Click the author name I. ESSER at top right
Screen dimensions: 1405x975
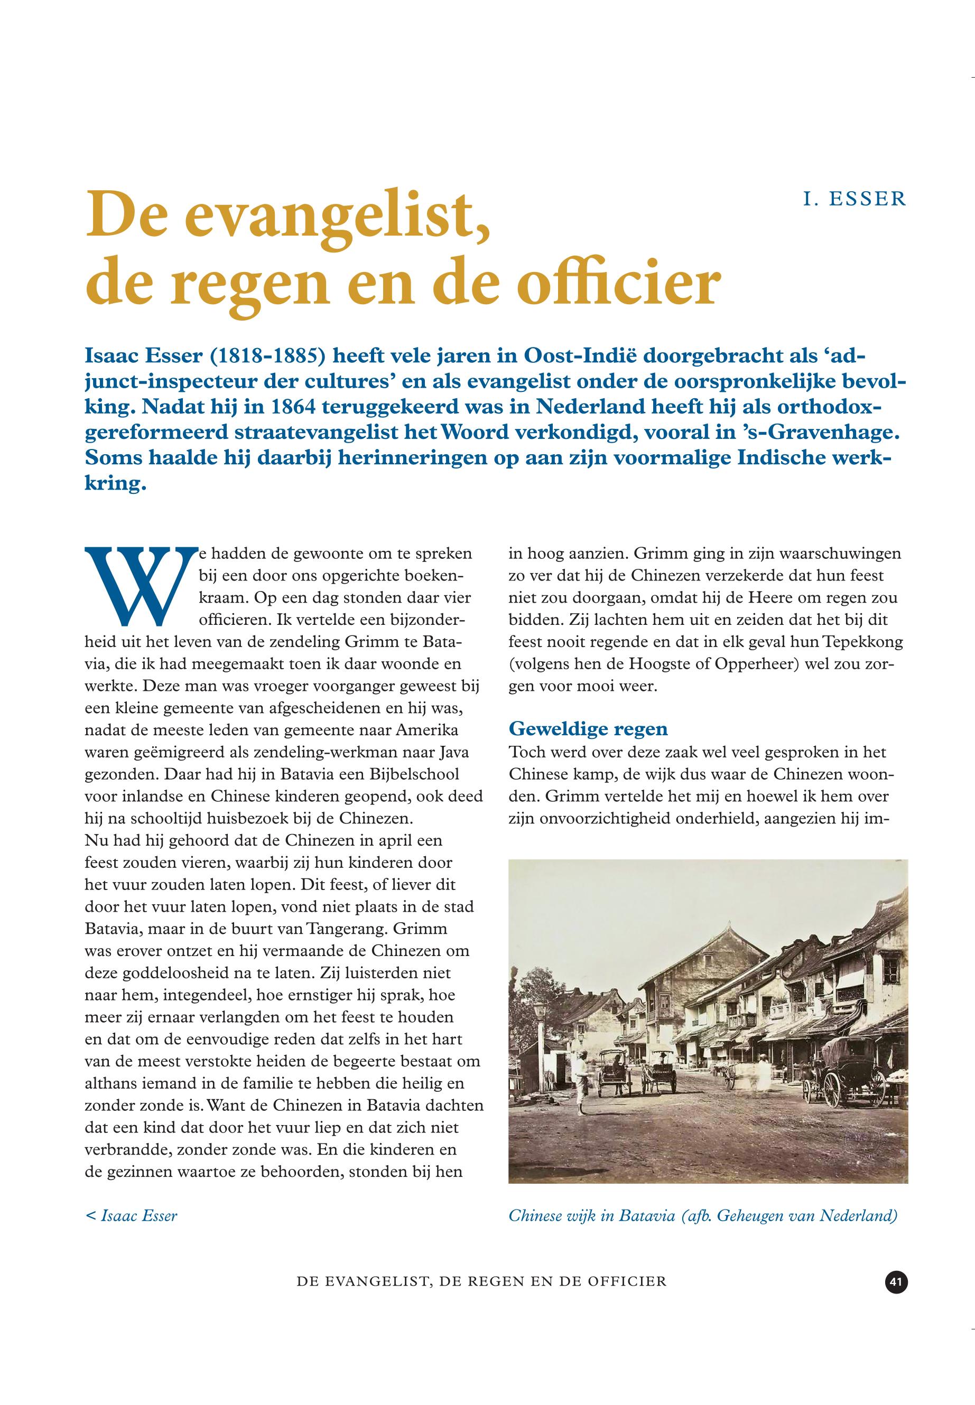(855, 200)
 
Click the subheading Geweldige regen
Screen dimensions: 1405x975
(588, 728)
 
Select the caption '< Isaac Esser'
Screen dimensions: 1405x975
(132, 1216)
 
